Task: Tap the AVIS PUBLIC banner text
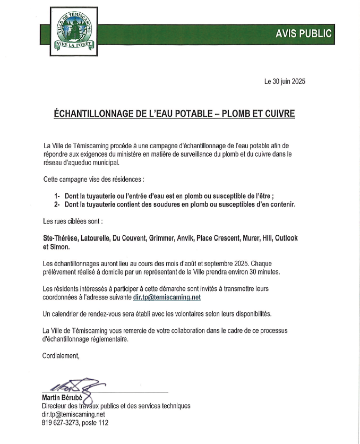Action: (x=304, y=33)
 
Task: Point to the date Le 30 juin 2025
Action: (x=285, y=82)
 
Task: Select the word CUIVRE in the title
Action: (x=277, y=114)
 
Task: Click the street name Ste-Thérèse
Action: (x=60, y=238)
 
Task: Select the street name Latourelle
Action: (x=94, y=238)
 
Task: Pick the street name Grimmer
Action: (x=164, y=238)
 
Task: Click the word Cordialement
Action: (x=61, y=356)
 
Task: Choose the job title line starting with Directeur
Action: (x=116, y=406)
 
